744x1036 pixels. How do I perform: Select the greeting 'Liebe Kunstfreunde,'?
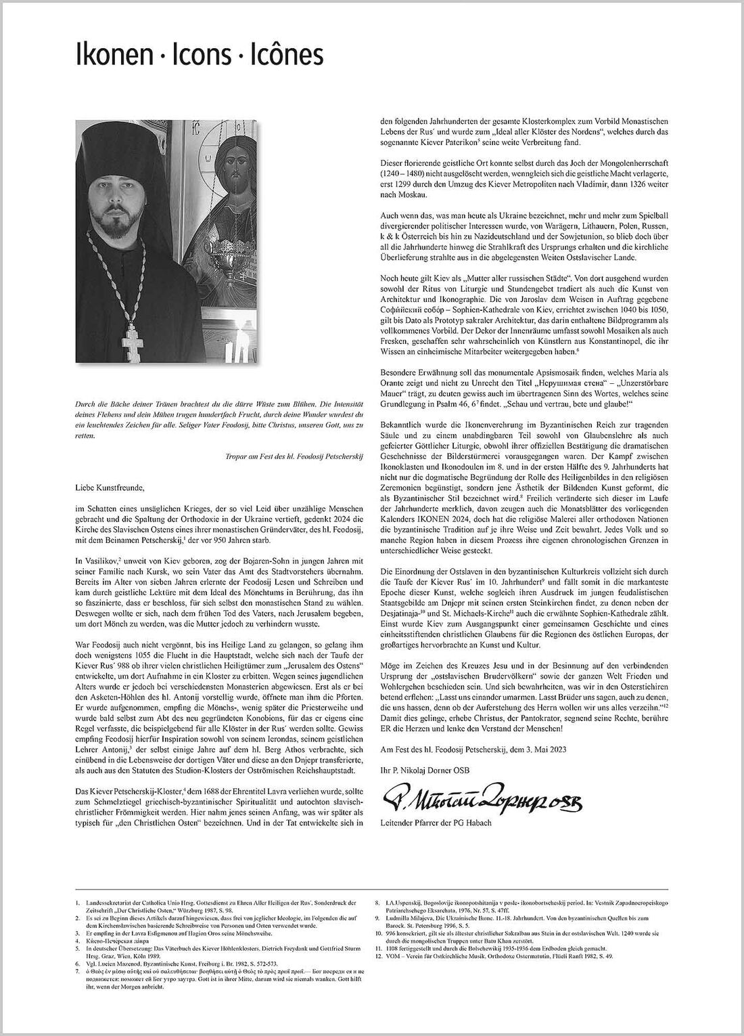click(110, 485)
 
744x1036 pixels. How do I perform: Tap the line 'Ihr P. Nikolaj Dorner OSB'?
click(425, 771)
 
